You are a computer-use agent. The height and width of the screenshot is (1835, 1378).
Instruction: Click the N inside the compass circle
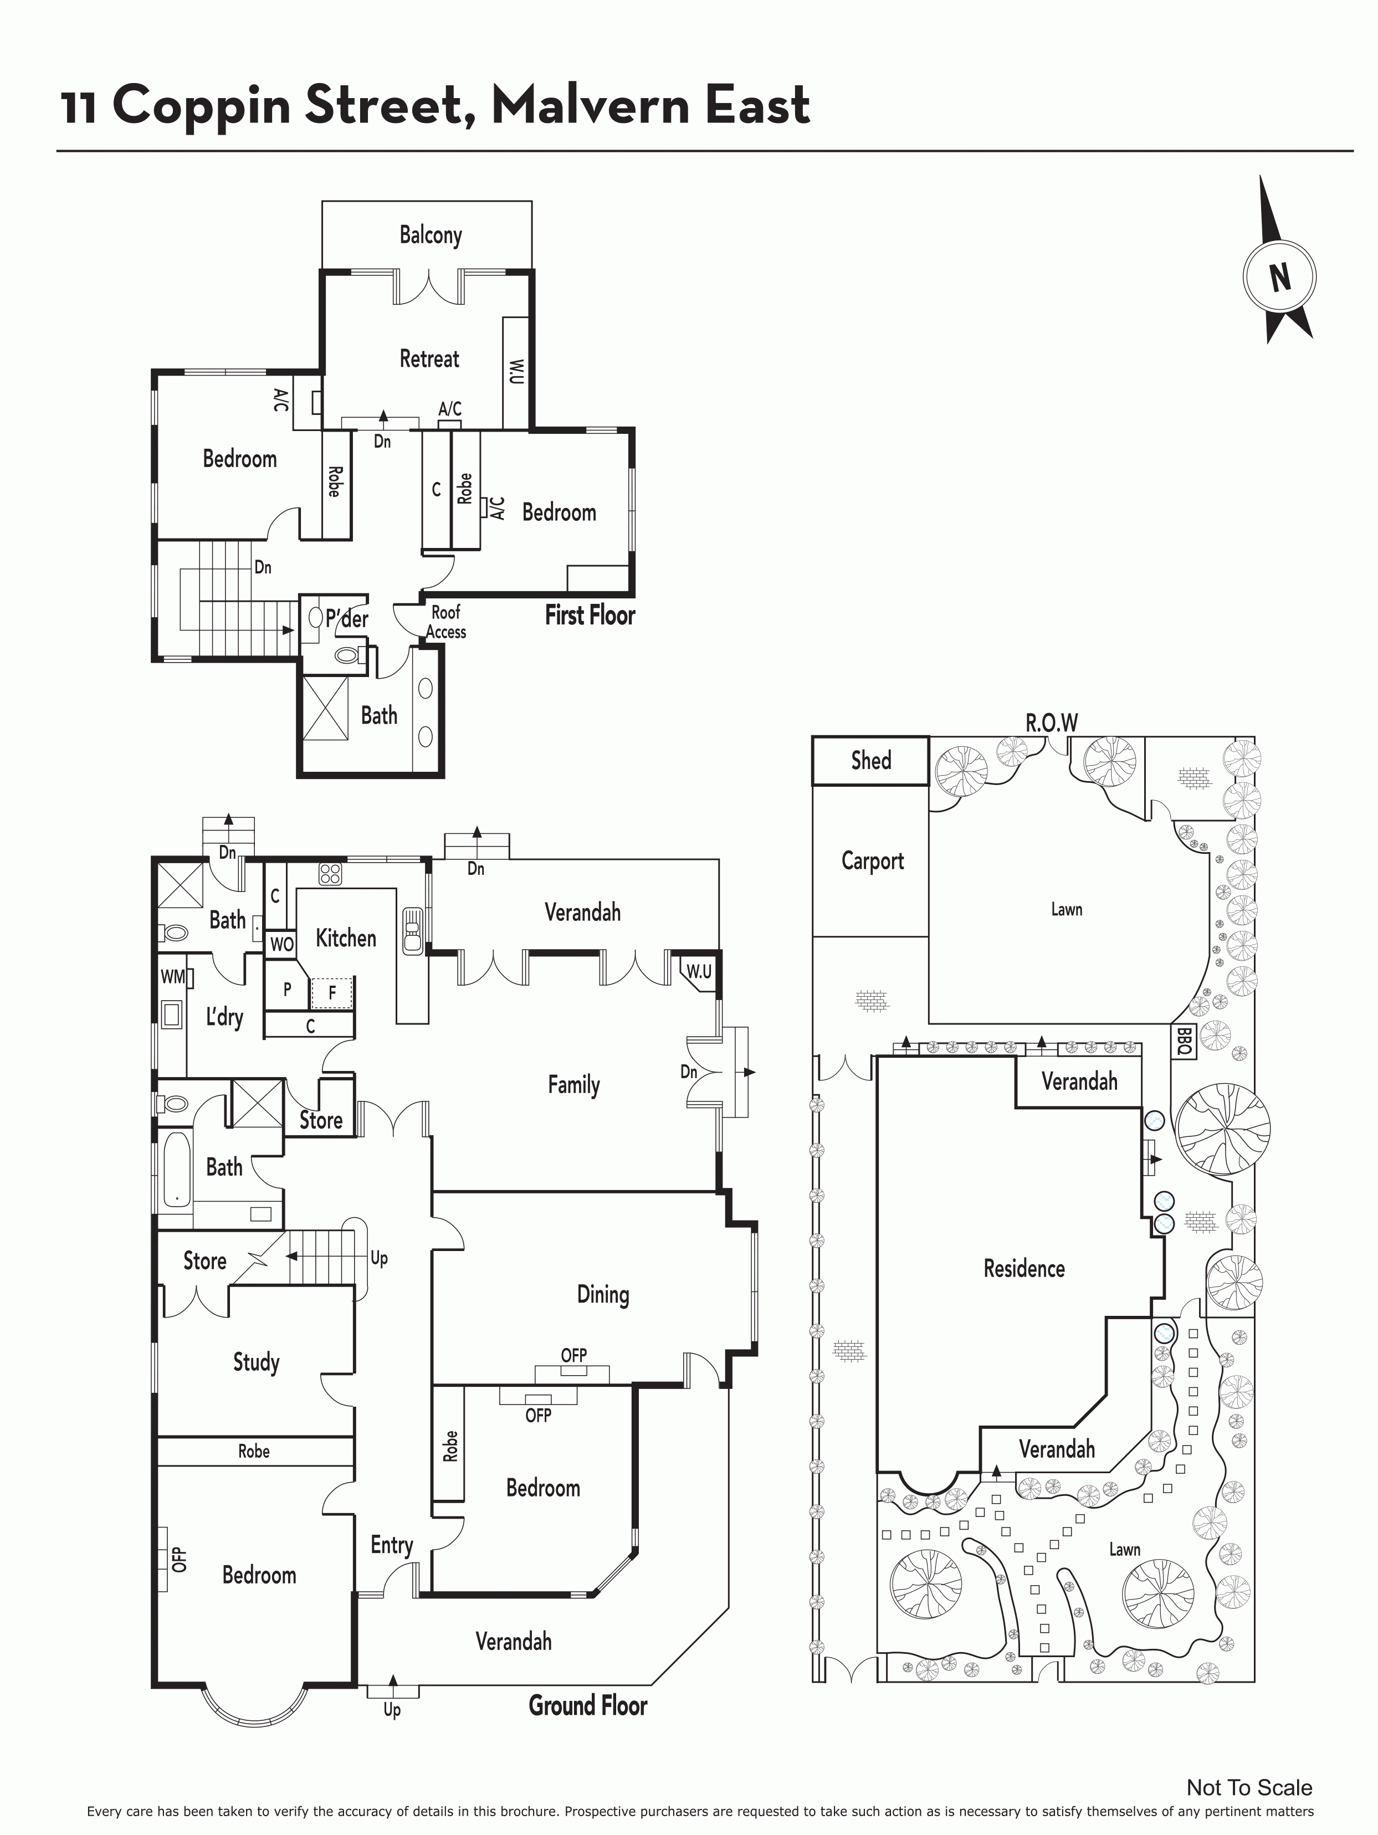1280,277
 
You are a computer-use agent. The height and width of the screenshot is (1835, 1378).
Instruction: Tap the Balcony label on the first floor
431,235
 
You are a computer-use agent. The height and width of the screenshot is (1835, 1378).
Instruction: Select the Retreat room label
429,358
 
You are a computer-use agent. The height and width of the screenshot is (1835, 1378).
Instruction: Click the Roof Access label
447,622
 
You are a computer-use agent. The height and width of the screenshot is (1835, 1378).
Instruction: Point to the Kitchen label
346,938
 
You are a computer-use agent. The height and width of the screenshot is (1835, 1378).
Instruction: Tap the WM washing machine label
172,976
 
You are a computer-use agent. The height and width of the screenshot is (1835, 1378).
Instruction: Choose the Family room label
573,1085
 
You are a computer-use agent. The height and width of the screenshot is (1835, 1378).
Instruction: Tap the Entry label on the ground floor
392,1545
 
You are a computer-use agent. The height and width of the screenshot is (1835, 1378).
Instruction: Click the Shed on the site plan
870,761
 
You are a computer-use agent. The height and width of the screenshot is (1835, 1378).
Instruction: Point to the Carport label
873,861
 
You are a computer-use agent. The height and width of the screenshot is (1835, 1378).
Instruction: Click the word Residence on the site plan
1024,1268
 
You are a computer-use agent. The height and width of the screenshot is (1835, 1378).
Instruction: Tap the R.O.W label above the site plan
1052,722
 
